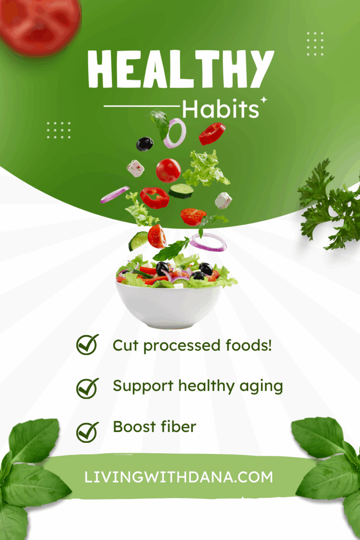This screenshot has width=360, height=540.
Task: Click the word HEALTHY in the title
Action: pos(181,69)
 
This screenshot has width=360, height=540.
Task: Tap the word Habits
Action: pos(220,109)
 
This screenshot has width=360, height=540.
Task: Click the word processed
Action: pos(182,346)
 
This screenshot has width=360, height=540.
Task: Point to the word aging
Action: pos(261,387)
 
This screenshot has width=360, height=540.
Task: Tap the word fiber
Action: pos(179,427)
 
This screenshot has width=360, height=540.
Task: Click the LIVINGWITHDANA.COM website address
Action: pos(179,477)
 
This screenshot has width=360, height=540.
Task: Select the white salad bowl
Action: pos(169,305)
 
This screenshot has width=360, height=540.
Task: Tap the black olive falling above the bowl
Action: pos(145,144)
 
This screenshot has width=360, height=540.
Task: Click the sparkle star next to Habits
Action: pos(264,99)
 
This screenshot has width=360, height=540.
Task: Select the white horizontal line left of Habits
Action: pos(142,106)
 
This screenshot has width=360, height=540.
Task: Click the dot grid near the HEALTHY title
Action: pos(315,44)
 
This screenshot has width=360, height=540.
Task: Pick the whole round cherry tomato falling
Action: pos(168,170)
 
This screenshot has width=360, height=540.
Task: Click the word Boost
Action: pos(134,427)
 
